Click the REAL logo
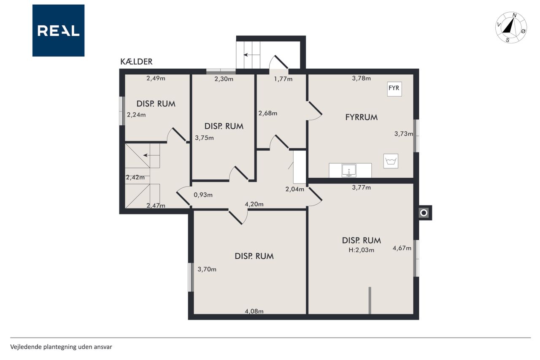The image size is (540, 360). [58, 30]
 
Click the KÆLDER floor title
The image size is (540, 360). [136, 62]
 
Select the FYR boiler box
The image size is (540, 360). [394, 89]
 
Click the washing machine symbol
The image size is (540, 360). [391, 161]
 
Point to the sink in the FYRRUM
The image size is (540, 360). [349, 170]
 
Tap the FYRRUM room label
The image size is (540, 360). [362, 117]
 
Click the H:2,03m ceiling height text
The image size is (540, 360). [362, 250]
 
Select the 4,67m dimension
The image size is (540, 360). [402, 248]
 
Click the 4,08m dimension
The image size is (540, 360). [254, 311]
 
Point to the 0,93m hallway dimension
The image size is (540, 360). [203, 195]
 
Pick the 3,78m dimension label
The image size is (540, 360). [362, 78]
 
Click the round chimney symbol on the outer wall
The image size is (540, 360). [424, 213]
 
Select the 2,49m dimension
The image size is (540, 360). [156, 78]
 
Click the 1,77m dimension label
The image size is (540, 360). [283, 79]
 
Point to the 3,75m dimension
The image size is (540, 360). [204, 138]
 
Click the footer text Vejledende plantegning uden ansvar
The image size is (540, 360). [61, 347]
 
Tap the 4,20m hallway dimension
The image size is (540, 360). [254, 204]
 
